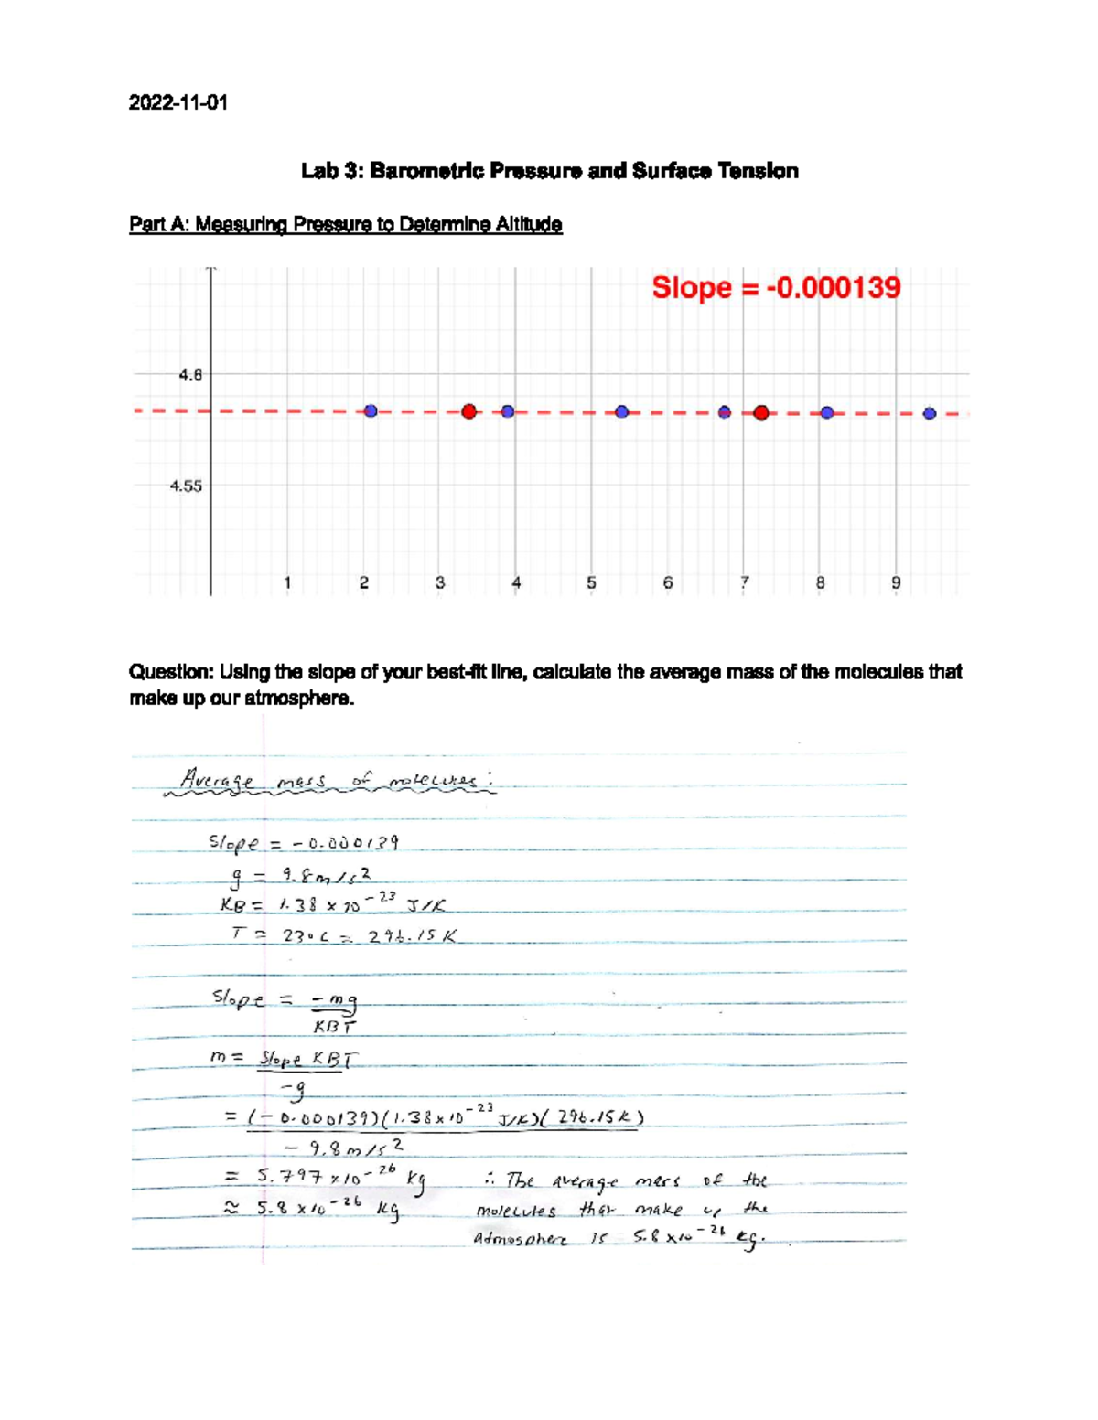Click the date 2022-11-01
[x=178, y=102]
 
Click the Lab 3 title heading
[x=550, y=171]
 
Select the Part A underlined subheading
[x=345, y=224]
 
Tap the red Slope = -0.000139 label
[x=776, y=288]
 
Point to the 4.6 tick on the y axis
[x=190, y=375]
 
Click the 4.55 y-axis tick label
[x=186, y=486]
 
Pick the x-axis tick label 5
[x=592, y=582]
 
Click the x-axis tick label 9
[x=897, y=582]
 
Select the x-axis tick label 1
[x=287, y=582]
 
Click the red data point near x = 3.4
[x=469, y=411]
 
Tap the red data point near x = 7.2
[x=761, y=412]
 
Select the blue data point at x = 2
[x=371, y=411]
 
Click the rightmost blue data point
[x=930, y=413]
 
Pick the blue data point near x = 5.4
[x=622, y=411]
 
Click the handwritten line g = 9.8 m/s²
[x=303, y=876]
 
